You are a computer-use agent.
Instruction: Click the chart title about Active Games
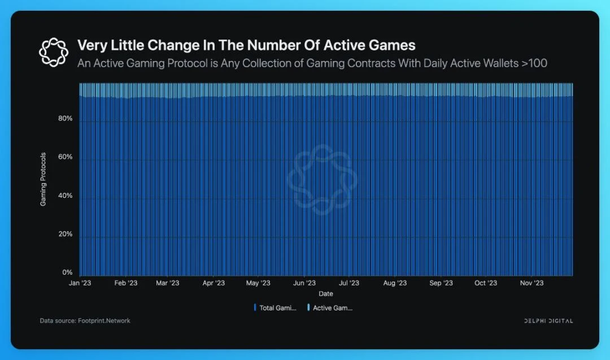click(x=246, y=45)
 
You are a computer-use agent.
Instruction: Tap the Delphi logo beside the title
click(x=53, y=51)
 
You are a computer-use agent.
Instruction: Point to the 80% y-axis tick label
click(x=66, y=119)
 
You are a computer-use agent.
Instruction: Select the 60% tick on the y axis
click(x=66, y=157)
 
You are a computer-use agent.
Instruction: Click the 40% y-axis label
click(x=66, y=196)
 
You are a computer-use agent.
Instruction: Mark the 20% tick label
click(x=66, y=234)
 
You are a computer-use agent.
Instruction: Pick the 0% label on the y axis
click(x=67, y=272)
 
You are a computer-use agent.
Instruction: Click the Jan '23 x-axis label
click(x=80, y=283)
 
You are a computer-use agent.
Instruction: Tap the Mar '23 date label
click(x=167, y=283)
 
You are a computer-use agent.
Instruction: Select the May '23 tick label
click(x=258, y=283)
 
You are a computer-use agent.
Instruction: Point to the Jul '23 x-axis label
click(x=348, y=283)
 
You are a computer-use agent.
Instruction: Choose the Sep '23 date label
click(x=441, y=283)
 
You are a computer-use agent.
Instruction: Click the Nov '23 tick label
click(x=531, y=283)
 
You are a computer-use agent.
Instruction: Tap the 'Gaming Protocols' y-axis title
click(x=43, y=179)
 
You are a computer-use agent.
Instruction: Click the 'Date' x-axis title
click(x=326, y=294)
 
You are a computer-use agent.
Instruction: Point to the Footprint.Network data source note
click(x=85, y=321)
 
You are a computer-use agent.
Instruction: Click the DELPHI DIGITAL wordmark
click(x=548, y=321)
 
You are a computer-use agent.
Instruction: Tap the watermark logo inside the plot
click(x=322, y=180)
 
